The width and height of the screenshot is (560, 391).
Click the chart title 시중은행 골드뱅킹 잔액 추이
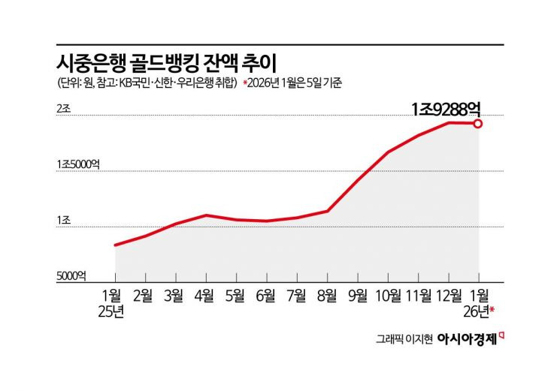tap(166, 60)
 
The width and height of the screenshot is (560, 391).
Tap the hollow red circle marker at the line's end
tap(478, 123)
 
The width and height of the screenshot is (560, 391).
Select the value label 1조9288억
tap(450, 109)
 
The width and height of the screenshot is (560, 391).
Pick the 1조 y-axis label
tap(63, 221)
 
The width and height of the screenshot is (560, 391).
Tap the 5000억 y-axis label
tap(71, 275)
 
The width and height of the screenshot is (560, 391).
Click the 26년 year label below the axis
tap(477, 310)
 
